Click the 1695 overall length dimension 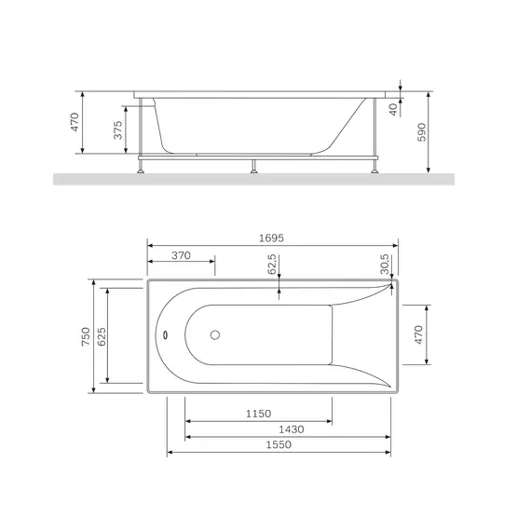[271, 238]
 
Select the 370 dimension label [181, 255]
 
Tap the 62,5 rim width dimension [272, 265]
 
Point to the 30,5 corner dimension [385, 265]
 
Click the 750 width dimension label [86, 336]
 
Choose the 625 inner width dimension [102, 336]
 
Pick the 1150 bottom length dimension [258, 414]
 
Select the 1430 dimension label [292, 429]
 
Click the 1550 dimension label [279, 444]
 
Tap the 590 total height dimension [422, 132]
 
